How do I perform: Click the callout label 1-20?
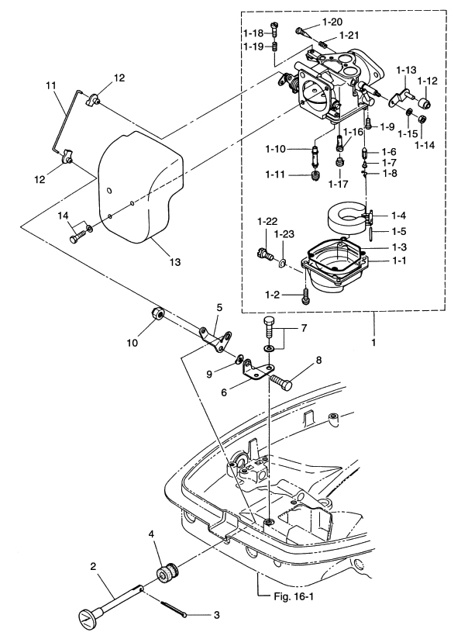coord(332,22)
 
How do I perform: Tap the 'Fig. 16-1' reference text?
coord(293,596)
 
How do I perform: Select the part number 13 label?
coord(175,261)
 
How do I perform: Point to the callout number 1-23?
coord(284,234)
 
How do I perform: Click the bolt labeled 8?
coord(281,382)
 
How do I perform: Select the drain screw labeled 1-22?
coord(265,254)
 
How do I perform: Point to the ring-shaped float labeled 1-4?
coord(348,220)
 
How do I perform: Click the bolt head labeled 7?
coord(270,325)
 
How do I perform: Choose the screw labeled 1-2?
coord(305,296)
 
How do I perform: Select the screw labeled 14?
coord(77,237)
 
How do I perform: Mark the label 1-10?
coord(275,149)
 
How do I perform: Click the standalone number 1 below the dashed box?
coord(373,343)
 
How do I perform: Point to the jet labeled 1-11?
coord(315,177)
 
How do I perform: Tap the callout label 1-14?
coord(424,144)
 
